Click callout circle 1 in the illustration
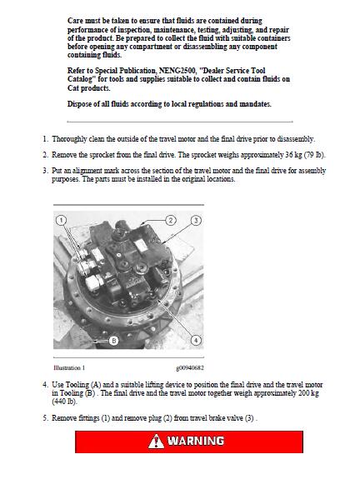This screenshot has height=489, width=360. point(61,221)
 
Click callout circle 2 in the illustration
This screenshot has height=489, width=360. point(170,221)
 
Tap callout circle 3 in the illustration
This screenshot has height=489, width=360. point(196,221)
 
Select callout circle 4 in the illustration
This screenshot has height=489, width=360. point(196,340)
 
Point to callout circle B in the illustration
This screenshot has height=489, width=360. point(113,341)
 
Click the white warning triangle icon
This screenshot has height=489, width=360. point(156,441)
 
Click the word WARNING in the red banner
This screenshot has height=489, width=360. point(196,441)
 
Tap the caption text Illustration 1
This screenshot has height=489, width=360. point(69,367)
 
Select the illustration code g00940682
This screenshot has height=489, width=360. point(190,368)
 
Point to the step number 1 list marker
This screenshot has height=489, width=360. point(46,139)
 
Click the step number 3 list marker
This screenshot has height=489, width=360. point(46,171)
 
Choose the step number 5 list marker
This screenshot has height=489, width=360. point(46,418)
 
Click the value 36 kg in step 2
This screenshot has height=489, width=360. point(293,155)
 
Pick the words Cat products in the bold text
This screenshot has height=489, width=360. point(89,88)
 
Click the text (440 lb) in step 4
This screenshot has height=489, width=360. point(63,402)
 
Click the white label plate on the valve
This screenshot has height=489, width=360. point(142,246)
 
